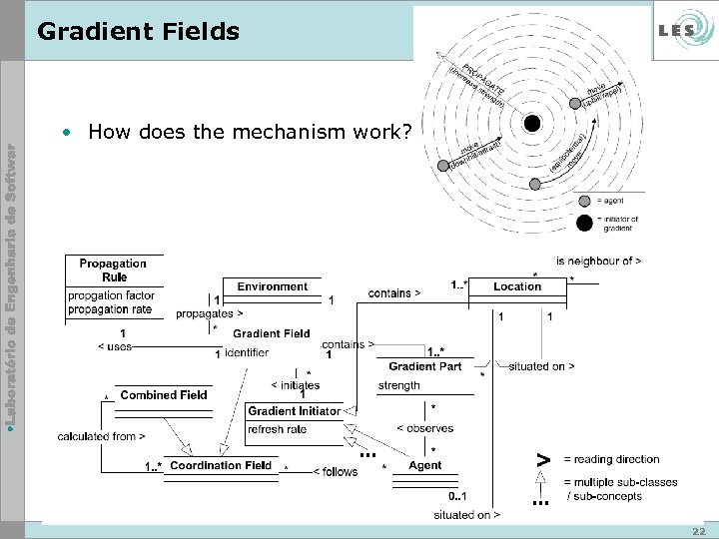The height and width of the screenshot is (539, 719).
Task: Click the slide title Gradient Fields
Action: [138, 32]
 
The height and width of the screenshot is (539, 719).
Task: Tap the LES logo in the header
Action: [677, 31]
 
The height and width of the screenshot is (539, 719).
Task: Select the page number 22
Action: [698, 531]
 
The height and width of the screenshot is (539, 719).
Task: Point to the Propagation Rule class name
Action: [113, 270]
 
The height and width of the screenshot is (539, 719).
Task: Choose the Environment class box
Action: [272, 286]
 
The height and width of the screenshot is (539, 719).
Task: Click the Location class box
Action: [517, 286]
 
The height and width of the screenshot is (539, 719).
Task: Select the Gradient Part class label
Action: [425, 366]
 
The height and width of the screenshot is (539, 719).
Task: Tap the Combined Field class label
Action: [164, 395]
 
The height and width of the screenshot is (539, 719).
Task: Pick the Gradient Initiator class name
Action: [294, 411]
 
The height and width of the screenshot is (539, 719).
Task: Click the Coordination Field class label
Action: [220, 465]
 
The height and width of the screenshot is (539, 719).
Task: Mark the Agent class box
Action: [425, 465]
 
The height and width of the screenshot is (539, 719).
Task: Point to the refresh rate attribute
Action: [277, 430]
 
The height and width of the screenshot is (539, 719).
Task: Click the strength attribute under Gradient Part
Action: [399, 385]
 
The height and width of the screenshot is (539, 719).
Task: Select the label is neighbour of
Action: [598, 261]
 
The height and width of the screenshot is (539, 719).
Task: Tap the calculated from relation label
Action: [102, 436]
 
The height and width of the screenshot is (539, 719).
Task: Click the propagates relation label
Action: [210, 313]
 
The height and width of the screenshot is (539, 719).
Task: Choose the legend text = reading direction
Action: [611, 459]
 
